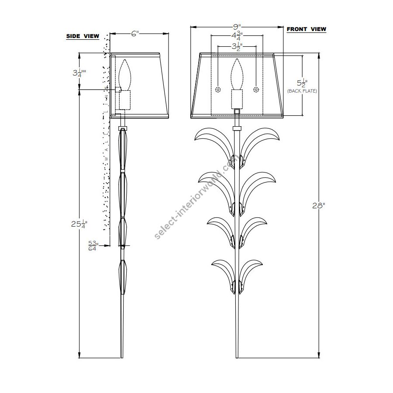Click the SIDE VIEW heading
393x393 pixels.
click(x=83, y=36)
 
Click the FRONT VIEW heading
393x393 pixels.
click(x=306, y=29)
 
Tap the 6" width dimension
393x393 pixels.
click(x=135, y=33)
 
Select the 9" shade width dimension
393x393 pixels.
click(x=237, y=27)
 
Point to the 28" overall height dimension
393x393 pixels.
click(x=319, y=206)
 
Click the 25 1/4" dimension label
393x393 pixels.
click(x=79, y=224)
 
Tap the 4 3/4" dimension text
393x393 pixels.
click(x=237, y=36)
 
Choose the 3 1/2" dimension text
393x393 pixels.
click(x=237, y=46)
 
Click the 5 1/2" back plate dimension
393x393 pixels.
click(x=302, y=83)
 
